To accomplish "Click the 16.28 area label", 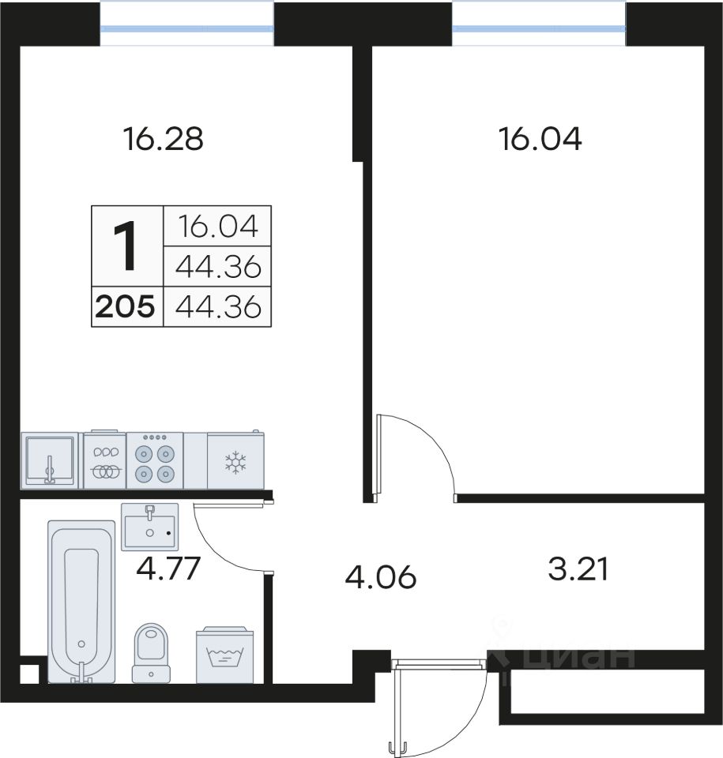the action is point(163,139).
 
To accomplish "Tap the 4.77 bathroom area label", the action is point(168,568).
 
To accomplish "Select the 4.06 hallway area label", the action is point(380,577).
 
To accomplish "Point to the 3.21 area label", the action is point(578,569).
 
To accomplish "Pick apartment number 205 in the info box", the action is point(126,306).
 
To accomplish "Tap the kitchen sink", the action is point(50,460).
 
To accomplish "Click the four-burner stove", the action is point(155,460).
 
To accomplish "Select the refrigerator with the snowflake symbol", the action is point(235,460).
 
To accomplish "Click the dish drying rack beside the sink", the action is point(105,460).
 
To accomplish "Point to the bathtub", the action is point(81,602).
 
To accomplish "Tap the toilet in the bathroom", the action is point(151,653).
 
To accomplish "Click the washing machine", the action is point(224,655).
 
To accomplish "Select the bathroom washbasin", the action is point(149,527).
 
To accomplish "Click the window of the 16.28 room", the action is point(186,28).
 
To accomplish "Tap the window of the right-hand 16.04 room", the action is point(539,28).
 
